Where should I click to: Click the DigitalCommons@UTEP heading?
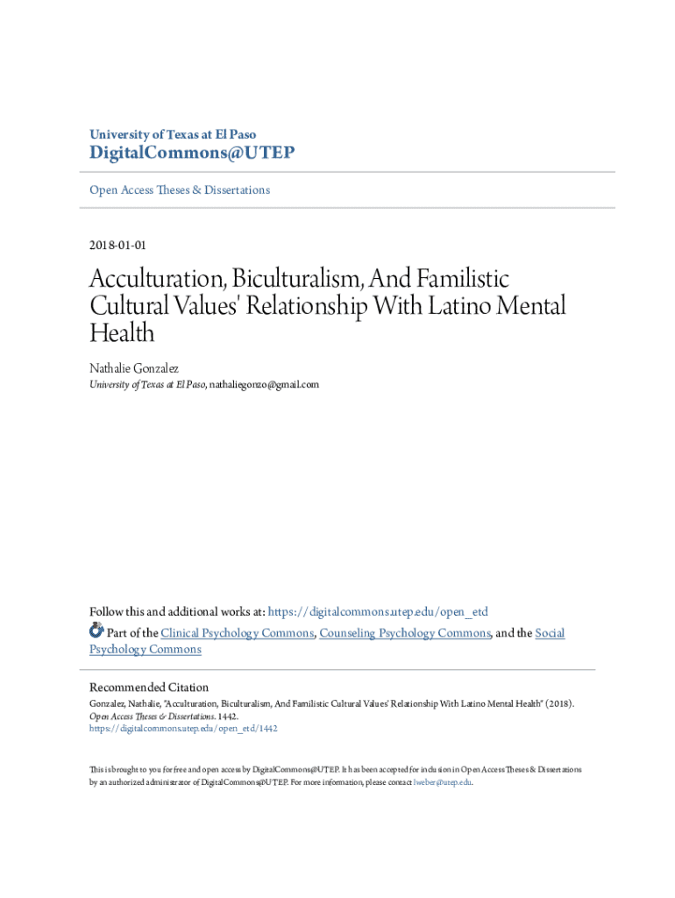(x=192, y=153)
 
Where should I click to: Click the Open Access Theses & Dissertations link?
(x=180, y=189)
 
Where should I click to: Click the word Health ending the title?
(x=122, y=333)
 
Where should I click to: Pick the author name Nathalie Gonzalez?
(x=133, y=369)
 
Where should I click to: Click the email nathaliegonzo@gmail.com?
(x=264, y=384)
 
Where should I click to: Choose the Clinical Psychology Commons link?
(x=236, y=632)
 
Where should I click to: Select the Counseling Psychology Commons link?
(x=405, y=632)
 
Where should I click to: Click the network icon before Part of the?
(x=96, y=631)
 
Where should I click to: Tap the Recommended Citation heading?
(x=149, y=688)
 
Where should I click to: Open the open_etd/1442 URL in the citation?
(x=183, y=728)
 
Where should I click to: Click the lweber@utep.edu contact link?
(x=442, y=782)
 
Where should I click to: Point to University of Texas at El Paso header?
(x=173, y=134)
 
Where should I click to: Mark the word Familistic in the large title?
(x=456, y=281)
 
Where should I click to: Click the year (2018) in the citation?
(x=560, y=703)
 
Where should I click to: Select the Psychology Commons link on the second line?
(x=145, y=650)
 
